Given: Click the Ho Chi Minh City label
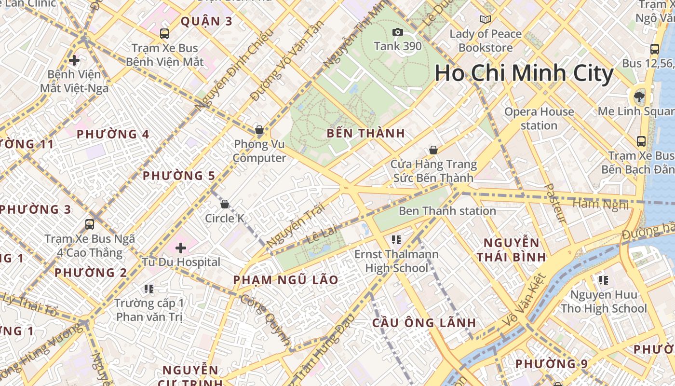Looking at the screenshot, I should (x=524, y=74).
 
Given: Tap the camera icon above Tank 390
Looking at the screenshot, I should (x=398, y=32).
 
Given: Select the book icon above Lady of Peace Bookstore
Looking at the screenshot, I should (x=486, y=20).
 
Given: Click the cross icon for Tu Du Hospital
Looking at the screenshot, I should (x=181, y=248).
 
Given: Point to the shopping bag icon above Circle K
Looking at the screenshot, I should (x=224, y=204).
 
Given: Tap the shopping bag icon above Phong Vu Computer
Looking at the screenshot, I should (x=259, y=130).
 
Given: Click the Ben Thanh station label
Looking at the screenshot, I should (x=447, y=211).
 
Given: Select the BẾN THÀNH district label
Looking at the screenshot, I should (x=366, y=134).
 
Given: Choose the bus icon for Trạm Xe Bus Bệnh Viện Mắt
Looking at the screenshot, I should (x=164, y=34).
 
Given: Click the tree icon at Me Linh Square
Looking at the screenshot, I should (x=639, y=97).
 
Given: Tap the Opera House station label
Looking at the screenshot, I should (x=539, y=119).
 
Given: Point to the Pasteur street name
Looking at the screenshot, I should (x=554, y=203).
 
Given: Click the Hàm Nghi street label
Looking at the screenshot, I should (x=600, y=204).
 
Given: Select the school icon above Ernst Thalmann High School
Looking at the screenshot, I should (x=396, y=240).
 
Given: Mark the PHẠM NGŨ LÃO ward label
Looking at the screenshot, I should (x=285, y=280).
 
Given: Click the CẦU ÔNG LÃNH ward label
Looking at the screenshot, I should (x=424, y=323).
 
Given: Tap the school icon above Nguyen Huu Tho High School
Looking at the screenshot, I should (x=603, y=280).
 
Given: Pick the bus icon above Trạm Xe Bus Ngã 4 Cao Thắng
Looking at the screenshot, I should (x=90, y=224).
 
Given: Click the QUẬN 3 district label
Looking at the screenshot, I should (x=206, y=21).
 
